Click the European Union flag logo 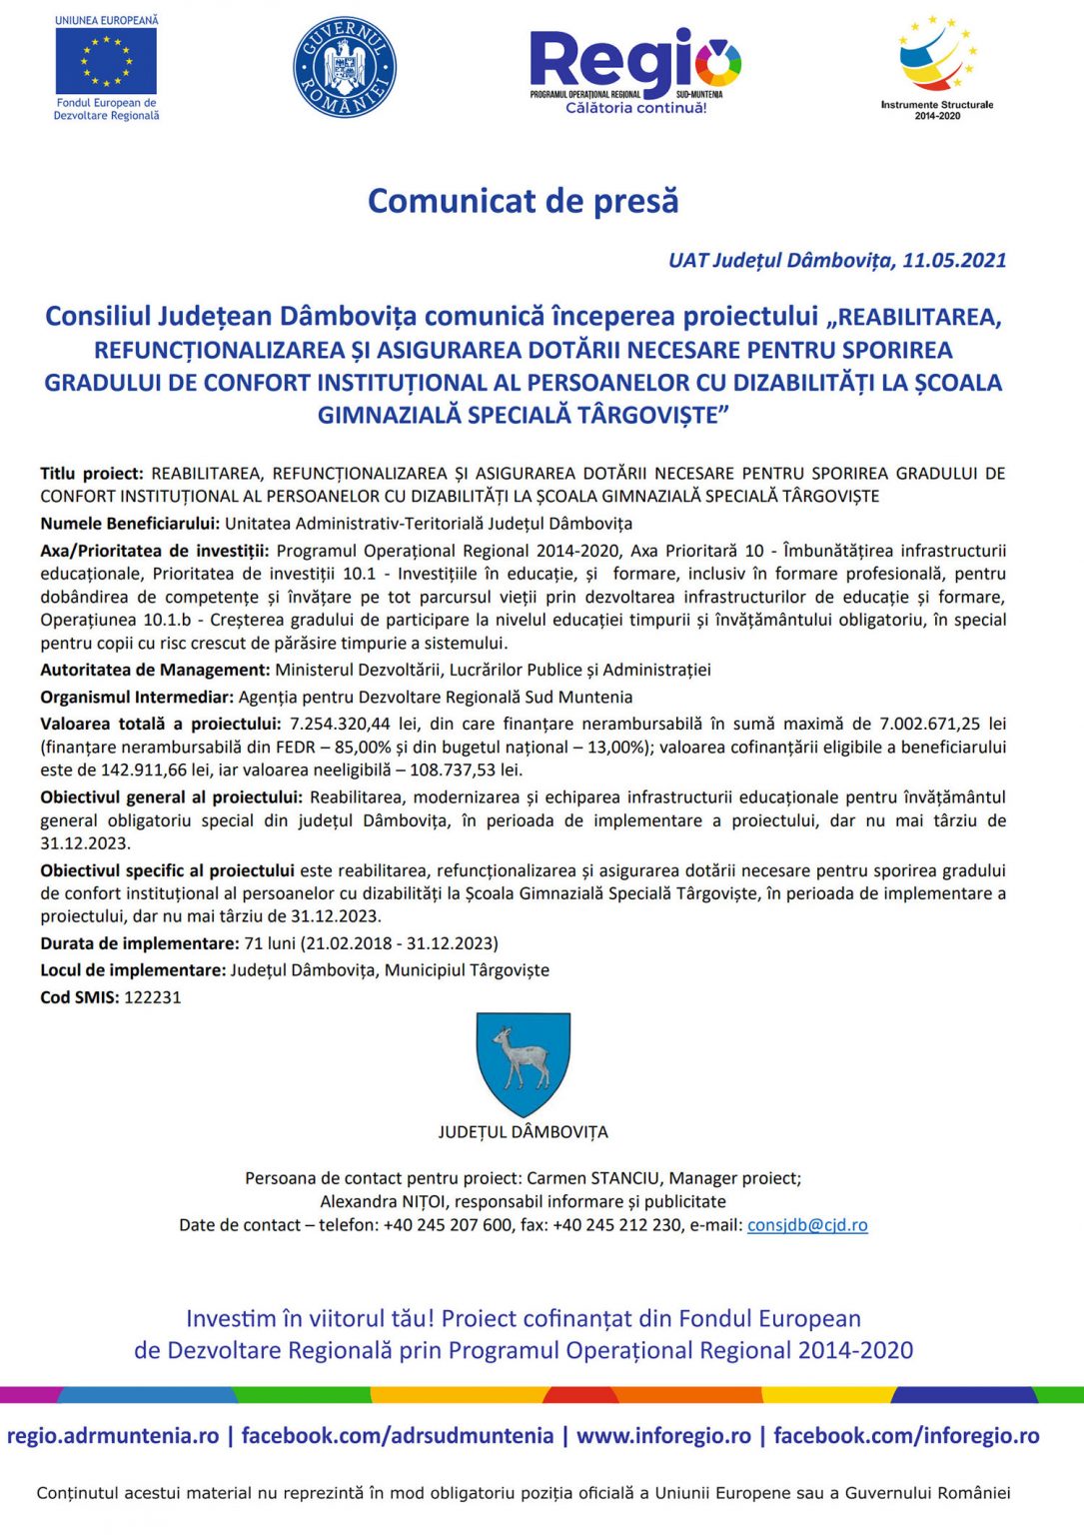[x=106, y=61]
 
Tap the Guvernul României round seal [x=345, y=67]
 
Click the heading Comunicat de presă [x=523, y=201]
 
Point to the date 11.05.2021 [x=954, y=261]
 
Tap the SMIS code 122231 [x=152, y=997]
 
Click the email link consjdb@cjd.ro [x=807, y=1225]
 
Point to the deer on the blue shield [x=523, y=1057]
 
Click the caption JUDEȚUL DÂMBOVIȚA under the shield [x=523, y=1132]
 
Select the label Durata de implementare [x=140, y=943]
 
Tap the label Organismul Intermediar [x=137, y=697]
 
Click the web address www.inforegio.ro [x=663, y=1436]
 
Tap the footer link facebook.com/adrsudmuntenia [x=397, y=1436]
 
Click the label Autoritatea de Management [x=155, y=670]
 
